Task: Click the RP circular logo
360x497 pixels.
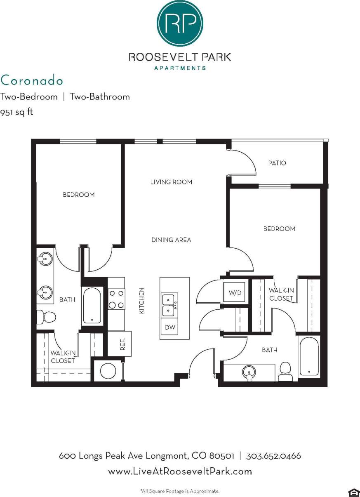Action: tap(180, 24)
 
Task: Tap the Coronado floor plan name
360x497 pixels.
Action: tap(32, 80)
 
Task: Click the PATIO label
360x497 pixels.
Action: tap(277, 163)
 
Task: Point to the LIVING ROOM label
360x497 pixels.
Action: tap(171, 182)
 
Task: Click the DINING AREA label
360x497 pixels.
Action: tap(171, 240)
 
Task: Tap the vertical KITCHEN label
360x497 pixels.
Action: tap(141, 301)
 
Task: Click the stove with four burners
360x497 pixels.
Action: tap(116, 299)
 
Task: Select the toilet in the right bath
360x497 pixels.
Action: tap(285, 371)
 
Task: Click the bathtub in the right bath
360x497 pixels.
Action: tap(308, 357)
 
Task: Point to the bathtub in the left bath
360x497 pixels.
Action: tap(92, 306)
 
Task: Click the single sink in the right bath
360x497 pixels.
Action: tap(249, 372)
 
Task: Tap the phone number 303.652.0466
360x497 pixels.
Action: tap(273, 456)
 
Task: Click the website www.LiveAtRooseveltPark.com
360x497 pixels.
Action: tap(180, 471)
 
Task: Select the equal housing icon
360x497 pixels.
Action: tap(353, 492)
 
